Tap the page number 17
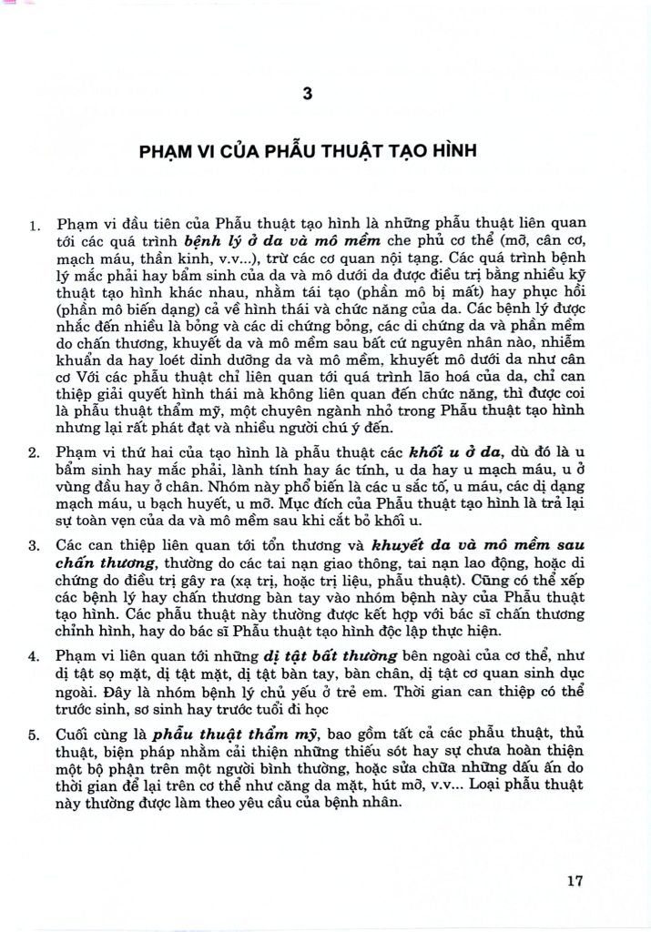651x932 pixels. click(574, 879)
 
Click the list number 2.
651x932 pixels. click(36, 452)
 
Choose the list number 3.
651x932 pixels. click(36, 547)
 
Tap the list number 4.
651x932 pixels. click(36, 656)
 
